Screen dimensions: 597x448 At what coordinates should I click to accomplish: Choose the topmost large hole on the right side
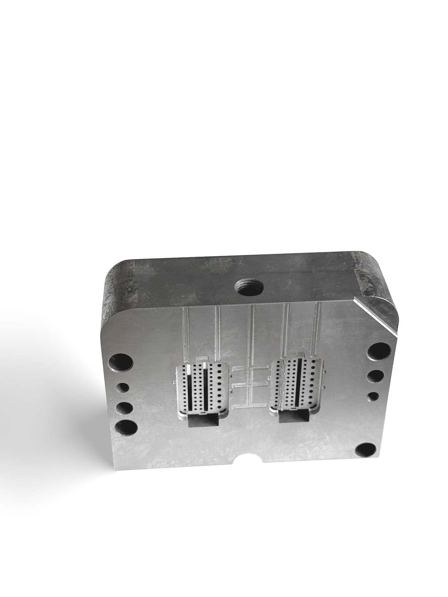coord(378,353)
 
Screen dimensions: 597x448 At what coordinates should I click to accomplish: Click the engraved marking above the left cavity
coord(204,345)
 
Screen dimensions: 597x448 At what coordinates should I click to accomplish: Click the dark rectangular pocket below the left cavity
coord(203,421)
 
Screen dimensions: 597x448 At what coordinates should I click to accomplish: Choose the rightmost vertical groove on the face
coord(318,328)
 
